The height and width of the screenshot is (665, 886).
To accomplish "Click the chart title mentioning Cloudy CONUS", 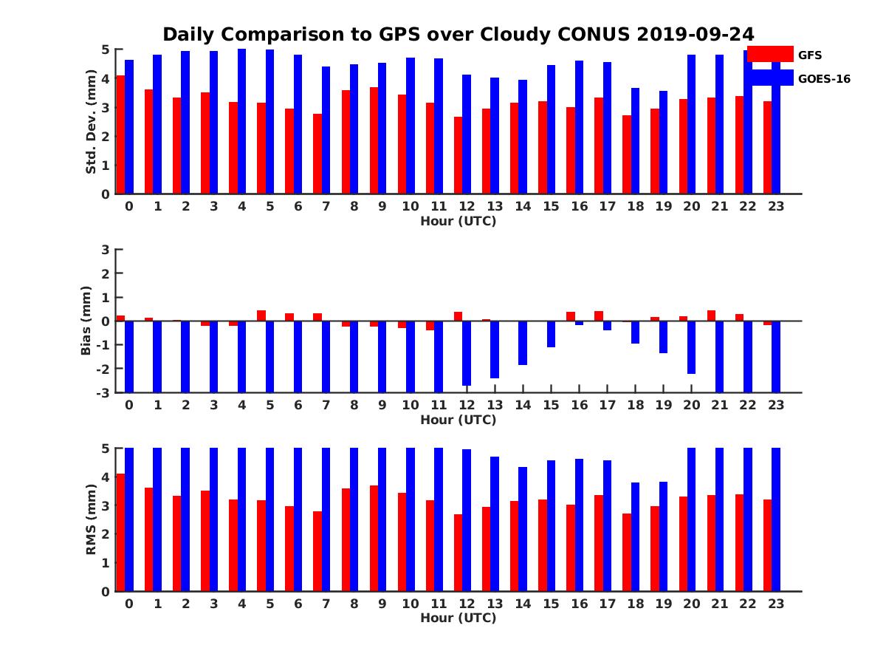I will point(458,35).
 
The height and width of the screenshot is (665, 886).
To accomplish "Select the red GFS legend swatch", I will point(770,54).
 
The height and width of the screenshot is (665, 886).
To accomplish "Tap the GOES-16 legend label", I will point(824,79).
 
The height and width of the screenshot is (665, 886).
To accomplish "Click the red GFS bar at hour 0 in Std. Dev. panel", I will point(120,134).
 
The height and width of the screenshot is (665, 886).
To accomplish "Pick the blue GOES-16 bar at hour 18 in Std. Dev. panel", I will point(636,141).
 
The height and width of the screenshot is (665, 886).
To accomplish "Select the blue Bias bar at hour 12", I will point(467,353).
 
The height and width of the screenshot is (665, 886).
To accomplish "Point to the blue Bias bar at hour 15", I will point(551,334).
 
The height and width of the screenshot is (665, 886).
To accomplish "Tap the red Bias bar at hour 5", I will point(261,316).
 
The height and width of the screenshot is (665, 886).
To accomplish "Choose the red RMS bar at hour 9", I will point(374,538).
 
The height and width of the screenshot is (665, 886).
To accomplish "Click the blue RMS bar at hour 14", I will point(523,529).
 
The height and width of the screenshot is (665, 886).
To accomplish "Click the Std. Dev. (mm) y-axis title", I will point(91,122).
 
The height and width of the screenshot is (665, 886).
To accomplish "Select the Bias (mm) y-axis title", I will point(86,321).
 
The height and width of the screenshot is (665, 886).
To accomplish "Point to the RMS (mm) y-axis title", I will point(91,519).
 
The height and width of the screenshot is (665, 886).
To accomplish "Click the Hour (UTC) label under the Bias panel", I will point(458,420).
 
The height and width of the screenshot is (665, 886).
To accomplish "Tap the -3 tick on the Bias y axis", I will point(104,392).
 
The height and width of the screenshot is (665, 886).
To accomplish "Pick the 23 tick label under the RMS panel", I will point(776,603).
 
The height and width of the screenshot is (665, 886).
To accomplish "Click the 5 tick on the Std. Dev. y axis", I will point(106,50).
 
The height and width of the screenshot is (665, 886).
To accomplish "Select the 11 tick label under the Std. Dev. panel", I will point(439,206).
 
